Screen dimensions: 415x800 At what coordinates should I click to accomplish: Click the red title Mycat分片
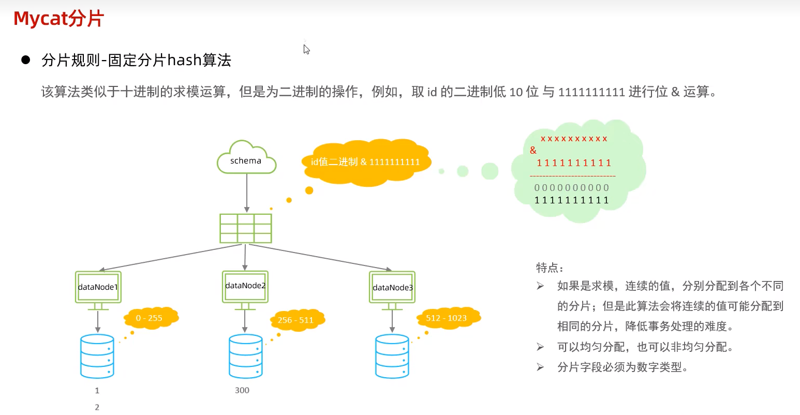[x=58, y=19]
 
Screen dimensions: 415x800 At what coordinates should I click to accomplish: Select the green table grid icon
[x=246, y=228]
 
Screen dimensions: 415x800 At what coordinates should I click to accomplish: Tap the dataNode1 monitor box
[x=98, y=287]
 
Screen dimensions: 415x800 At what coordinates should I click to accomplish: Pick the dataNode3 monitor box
[x=392, y=288]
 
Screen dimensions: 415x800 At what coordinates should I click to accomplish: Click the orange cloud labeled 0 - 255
[x=150, y=318]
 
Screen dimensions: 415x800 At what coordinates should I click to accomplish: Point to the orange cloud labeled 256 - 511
[x=296, y=320]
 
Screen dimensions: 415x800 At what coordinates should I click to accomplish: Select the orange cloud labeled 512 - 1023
[x=447, y=318]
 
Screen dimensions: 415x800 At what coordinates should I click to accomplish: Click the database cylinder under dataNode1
[x=97, y=357]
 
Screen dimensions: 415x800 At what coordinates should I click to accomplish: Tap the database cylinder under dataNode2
[x=245, y=357]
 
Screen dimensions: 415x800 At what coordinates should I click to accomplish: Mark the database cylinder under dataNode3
[x=392, y=357]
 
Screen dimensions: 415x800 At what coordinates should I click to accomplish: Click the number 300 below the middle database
[x=242, y=390]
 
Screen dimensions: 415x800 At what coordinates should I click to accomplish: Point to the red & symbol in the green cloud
[x=533, y=150]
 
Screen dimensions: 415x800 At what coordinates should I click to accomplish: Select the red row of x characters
[x=574, y=139]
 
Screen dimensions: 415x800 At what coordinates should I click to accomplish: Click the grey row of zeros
[x=572, y=187]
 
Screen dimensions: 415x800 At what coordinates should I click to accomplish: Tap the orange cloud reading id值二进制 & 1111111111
[x=366, y=162]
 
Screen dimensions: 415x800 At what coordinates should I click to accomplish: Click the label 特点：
[x=550, y=268]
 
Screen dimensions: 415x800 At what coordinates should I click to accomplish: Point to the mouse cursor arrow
[x=306, y=49]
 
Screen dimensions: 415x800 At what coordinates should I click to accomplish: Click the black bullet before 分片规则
[x=26, y=60]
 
